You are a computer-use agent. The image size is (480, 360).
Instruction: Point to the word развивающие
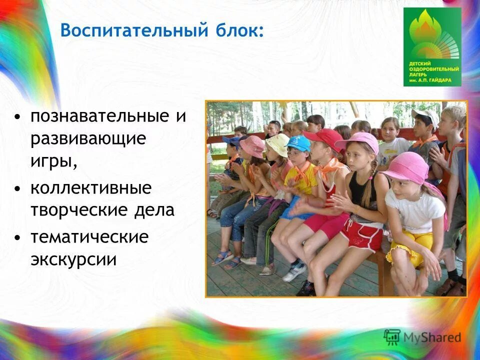point(88,139)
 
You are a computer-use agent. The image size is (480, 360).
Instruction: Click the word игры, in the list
point(53,161)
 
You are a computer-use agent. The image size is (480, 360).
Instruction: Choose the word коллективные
point(90,188)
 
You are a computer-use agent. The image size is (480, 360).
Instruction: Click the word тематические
point(89,237)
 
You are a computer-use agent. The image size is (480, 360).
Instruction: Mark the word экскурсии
point(73,259)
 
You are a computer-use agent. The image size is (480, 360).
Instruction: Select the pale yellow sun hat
point(278,143)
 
